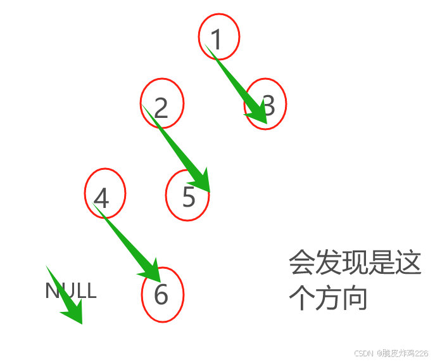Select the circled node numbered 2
pyautogui.click(x=161, y=103)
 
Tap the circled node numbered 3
pyautogui.click(x=266, y=103)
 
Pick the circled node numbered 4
pyautogui.click(x=104, y=193)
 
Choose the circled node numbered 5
pyautogui.click(x=187, y=195)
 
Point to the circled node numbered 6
pyautogui.click(x=162, y=295)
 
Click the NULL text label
pyautogui.click(x=70, y=291)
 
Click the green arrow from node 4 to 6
pyautogui.click(x=127, y=241)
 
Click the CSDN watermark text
pyautogui.click(x=363, y=352)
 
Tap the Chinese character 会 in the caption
pyautogui.click(x=302, y=262)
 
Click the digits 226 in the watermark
pyautogui.click(x=422, y=352)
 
